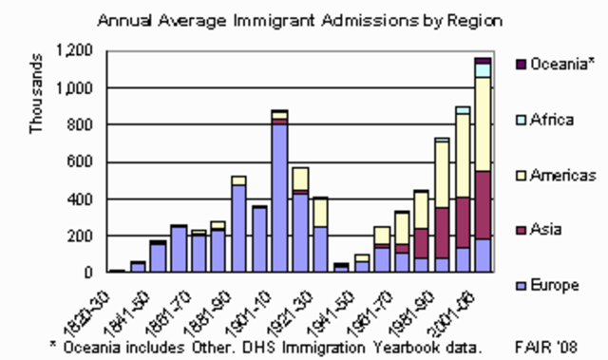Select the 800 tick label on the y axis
point(80,125)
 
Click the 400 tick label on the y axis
point(80,199)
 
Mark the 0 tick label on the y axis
point(89,274)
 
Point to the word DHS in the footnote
point(273,347)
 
